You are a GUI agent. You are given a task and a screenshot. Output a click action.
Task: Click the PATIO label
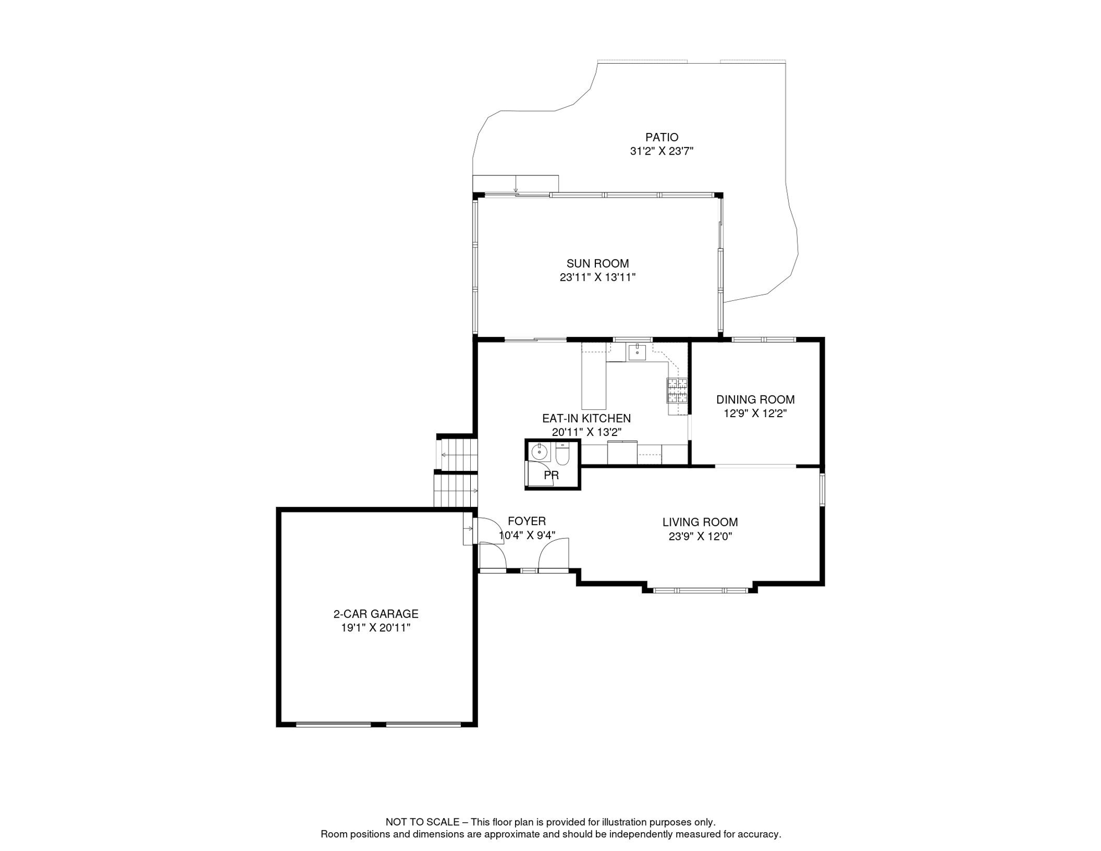coord(661,137)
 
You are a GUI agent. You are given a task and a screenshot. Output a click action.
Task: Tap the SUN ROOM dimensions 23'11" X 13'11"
coord(597,278)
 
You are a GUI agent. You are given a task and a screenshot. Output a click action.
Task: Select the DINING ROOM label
coord(755,399)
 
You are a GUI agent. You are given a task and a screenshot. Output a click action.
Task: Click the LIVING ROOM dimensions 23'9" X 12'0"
coord(700,536)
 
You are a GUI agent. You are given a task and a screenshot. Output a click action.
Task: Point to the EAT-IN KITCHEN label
coord(586,418)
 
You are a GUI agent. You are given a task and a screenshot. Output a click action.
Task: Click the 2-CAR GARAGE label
coord(375,614)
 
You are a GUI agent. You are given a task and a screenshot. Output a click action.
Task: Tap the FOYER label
coord(527,521)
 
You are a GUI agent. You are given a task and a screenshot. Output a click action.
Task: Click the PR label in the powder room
coord(551,475)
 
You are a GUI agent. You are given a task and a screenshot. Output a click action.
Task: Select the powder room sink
coord(539,452)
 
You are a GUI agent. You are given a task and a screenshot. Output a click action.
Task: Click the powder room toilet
coord(562,455)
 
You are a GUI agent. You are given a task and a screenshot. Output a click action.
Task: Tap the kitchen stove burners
coord(677,390)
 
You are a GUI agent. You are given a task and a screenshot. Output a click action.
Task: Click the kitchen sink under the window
coord(637,352)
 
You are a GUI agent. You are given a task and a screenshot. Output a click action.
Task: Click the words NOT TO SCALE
coord(422,822)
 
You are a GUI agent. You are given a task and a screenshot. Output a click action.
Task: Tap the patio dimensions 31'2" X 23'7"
coord(661,151)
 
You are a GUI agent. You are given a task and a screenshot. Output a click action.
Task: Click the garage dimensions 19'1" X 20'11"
coord(375,628)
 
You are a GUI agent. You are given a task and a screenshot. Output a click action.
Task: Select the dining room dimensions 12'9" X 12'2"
coord(755,413)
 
